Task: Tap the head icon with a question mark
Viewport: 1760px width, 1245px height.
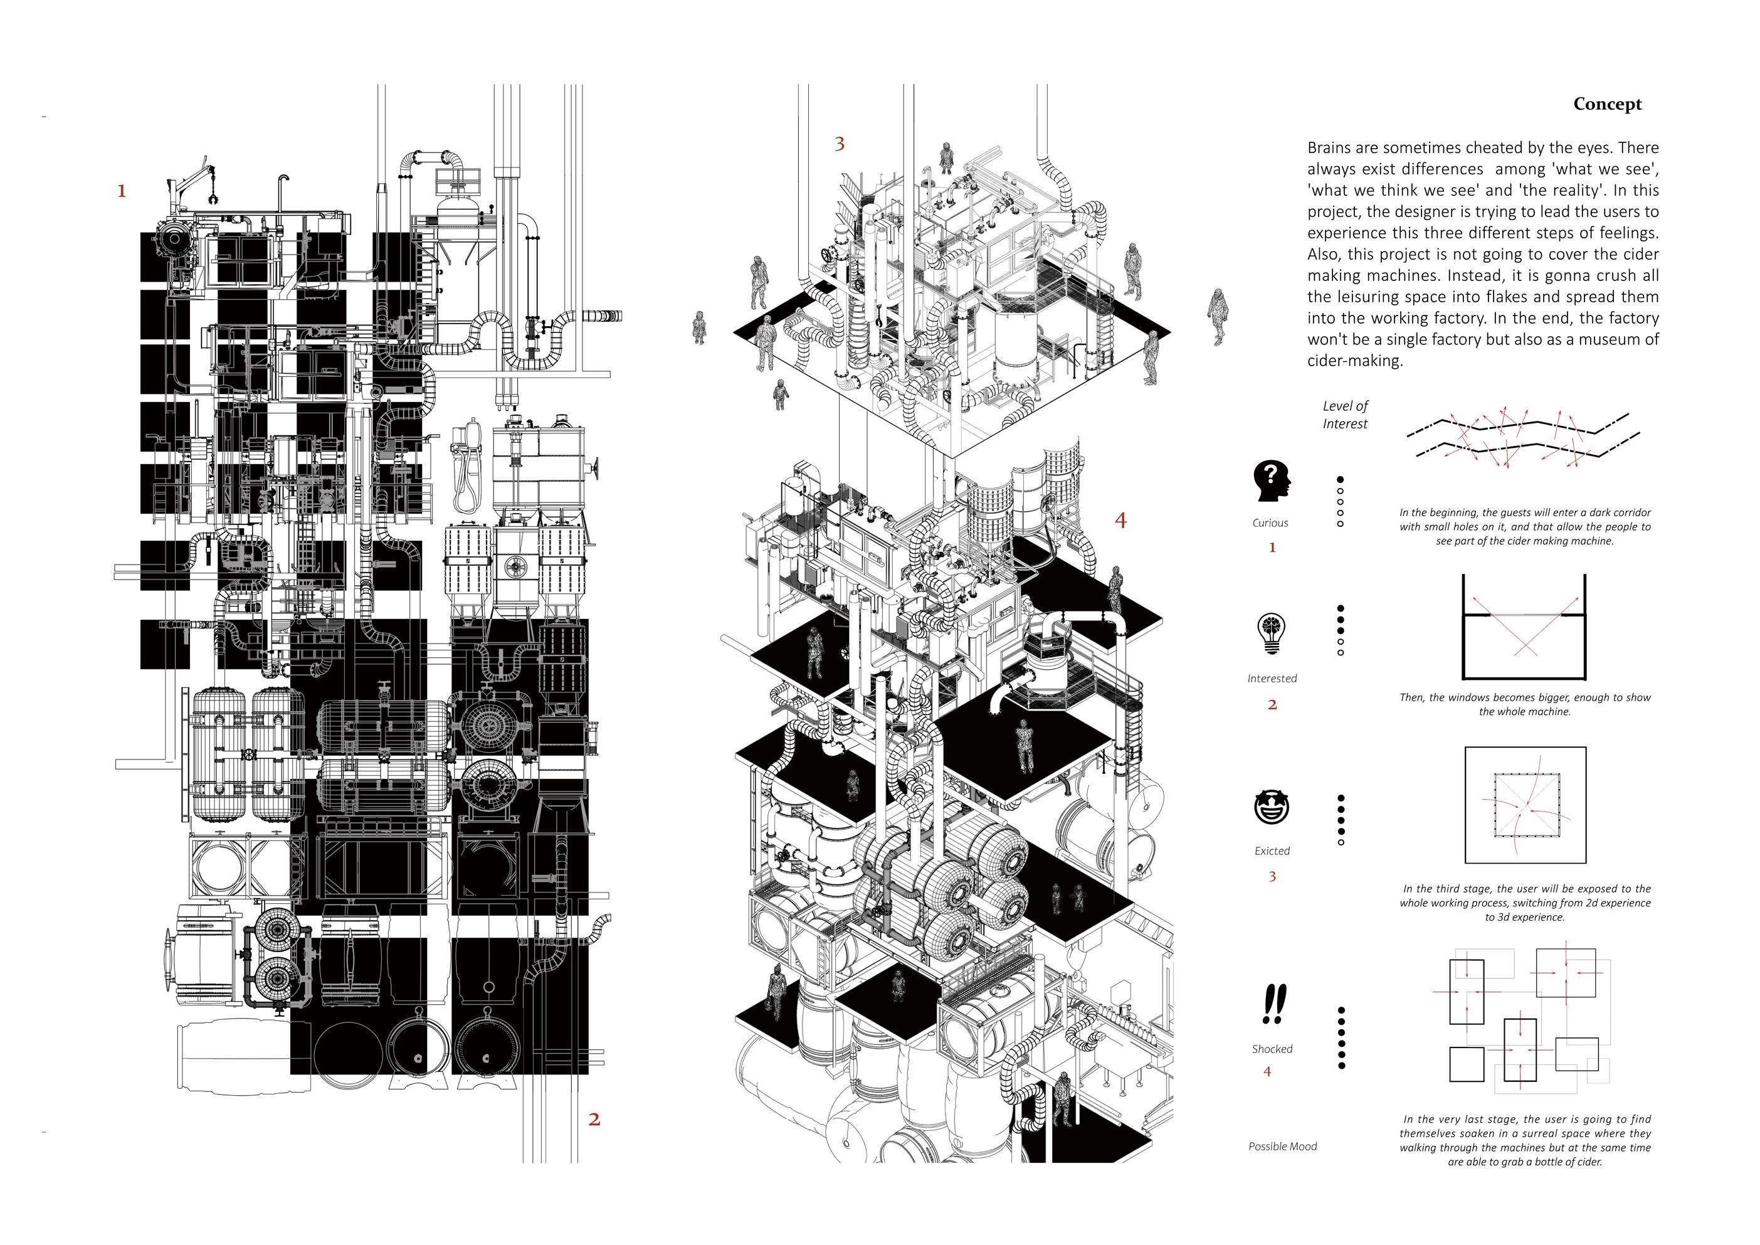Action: coord(1271,480)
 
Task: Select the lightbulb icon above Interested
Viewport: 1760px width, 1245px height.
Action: coord(1271,634)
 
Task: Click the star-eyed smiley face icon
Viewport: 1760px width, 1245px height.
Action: coord(1272,807)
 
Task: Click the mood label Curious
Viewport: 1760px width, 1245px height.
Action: coord(1270,523)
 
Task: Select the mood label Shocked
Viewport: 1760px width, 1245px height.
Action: coord(1272,1049)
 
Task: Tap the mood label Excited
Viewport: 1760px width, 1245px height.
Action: coord(1272,851)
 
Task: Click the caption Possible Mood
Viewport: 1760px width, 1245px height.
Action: coord(1282,1146)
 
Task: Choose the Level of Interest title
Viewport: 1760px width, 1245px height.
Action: coord(1346,415)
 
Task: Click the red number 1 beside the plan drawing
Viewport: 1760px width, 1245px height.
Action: coord(121,191)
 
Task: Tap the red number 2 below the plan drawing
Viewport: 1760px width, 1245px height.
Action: coord(594,1120)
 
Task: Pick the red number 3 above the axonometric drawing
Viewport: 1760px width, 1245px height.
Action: coord(840,144)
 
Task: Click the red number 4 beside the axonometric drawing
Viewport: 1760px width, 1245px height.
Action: coord(1120,521)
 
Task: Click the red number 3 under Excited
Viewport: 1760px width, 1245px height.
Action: coord(1272,876)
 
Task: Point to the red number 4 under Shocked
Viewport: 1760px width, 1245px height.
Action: coord(1267,1071)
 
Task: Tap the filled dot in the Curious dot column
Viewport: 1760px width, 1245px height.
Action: coord(1340,479)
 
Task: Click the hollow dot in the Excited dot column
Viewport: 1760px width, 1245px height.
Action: coord(1341,842)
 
